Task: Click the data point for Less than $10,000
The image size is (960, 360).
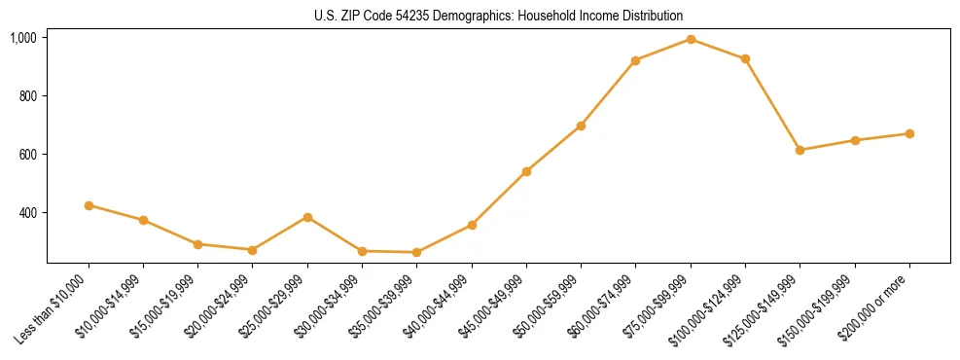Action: (x=89, y=205)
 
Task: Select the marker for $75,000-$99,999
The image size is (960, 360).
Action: (x=691, y=39)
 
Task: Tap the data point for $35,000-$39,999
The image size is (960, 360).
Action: (x=417, y=252)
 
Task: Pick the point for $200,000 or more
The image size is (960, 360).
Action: (x=909, y=133)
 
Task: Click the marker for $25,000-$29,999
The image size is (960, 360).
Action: (x=307, y=217)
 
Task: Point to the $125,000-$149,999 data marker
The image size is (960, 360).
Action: (x=800, y=150)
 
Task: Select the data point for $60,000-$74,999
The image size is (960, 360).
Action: (x=635, y=60)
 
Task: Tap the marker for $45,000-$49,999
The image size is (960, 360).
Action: (x=526, y=171)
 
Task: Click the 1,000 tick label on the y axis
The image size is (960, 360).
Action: (x=23, y=38)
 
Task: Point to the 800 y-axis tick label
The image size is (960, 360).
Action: (x=27, y=96)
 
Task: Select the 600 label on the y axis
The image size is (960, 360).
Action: (x=27, y=155)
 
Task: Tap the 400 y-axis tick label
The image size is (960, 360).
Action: (x=27, y=213)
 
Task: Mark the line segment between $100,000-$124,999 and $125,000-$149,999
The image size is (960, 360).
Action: (x=772, y=104)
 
